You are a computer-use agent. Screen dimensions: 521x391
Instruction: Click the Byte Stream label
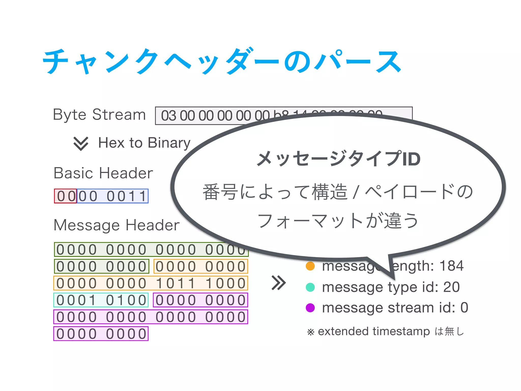[x=99, y=115]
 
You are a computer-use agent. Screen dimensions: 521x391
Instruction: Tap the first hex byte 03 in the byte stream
[x=168, y=116]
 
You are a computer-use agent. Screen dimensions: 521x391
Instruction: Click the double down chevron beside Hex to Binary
[x=81, y=143]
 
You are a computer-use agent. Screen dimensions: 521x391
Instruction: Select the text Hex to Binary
[x=144, y=143]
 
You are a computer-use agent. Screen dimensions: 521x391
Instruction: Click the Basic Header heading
[x=103, y=173]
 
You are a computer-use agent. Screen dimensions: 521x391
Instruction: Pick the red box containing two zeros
[x=65, y=196]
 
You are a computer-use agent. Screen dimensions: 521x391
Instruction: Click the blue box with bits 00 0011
[x=112, y=196]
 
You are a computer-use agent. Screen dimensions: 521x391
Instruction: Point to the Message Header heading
[x=117, y=225]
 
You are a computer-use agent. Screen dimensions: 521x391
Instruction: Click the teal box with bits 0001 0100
[x=101, y=300]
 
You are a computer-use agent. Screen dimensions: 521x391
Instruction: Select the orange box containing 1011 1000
[x=151, y=283]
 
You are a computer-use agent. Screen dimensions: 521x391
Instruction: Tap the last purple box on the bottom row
[x=101, y=334]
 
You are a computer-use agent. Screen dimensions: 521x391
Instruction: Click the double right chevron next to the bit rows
[x=279, y=283]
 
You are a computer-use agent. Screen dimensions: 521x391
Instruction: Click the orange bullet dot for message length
[x=310, y=266]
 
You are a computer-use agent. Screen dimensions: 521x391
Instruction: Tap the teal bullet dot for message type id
[x=310, y=287]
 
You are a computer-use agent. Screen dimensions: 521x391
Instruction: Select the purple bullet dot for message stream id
[x=310, y=308]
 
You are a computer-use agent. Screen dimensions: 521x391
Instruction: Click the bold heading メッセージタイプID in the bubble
[x=338, y=159]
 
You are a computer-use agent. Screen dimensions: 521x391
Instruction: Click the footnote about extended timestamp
[x=386, y=331]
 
